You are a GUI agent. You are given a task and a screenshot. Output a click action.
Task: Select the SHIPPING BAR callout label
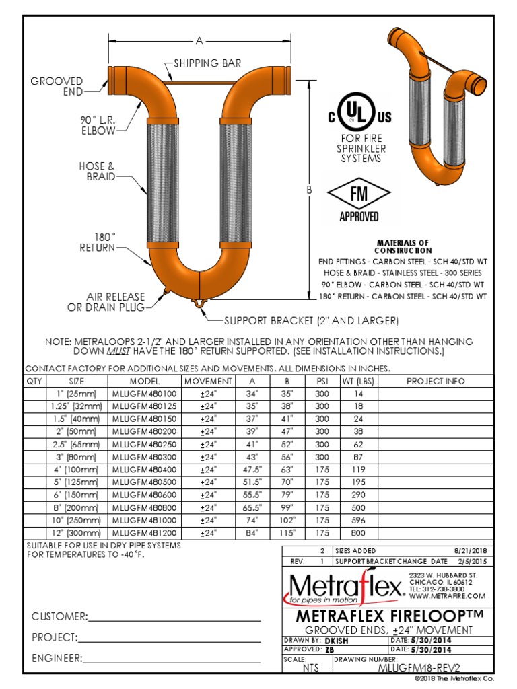coord(207,63)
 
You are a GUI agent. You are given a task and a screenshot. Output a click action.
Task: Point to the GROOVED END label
coord(57,86)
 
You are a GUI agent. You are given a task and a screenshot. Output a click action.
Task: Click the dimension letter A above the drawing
coord(199,41)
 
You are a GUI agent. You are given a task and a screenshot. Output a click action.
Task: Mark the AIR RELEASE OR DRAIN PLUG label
coord(106,302)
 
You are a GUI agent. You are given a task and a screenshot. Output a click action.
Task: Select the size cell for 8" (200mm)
coord(77,507)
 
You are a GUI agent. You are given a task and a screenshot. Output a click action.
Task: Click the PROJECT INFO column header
coord(436,381)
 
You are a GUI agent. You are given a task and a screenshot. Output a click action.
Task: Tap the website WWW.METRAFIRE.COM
coord(447,596)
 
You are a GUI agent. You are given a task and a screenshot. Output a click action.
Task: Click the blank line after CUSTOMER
coord(174,616)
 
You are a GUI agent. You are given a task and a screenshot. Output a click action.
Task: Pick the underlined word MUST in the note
coord(118,351)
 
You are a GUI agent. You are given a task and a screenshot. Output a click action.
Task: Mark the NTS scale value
coord(311,668)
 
